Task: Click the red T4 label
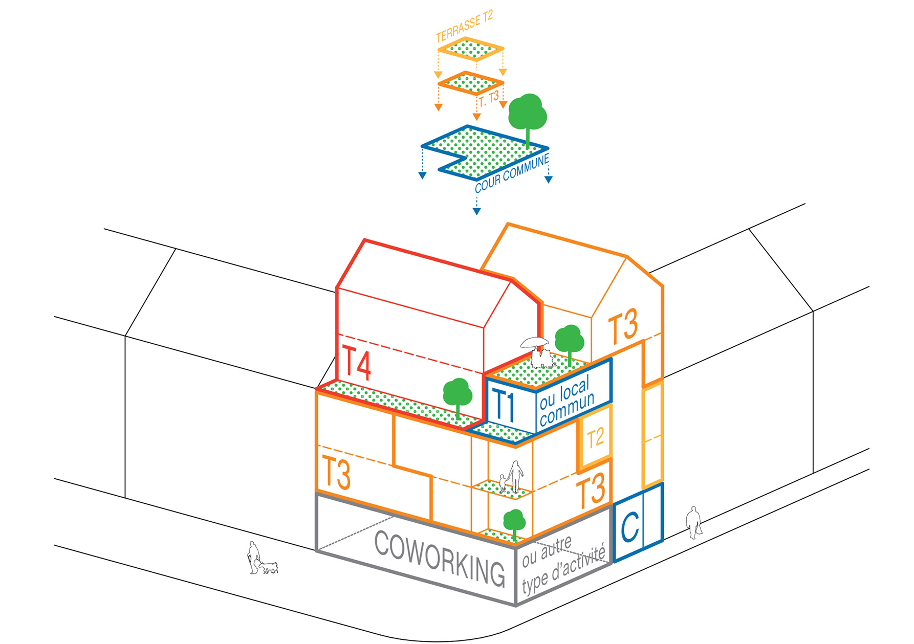357,363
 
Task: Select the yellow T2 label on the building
596,438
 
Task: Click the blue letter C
630,526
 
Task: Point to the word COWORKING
439,558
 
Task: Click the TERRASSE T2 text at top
464,26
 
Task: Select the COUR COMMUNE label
512,174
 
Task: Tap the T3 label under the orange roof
623,326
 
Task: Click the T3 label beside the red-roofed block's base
336,474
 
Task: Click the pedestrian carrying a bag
694,522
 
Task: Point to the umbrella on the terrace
534,342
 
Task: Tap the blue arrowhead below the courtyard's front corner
476,211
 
